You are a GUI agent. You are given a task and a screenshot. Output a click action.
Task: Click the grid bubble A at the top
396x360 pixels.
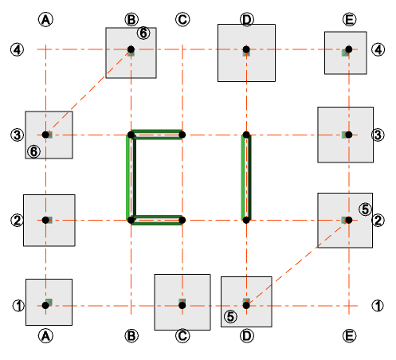(46, 18)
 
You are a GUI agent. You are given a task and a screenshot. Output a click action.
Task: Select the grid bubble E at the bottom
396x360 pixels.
(349, 336)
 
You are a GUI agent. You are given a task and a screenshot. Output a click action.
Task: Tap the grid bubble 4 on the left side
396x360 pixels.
(17, 49)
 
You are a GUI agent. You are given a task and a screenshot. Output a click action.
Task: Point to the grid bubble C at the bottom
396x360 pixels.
(182, 336)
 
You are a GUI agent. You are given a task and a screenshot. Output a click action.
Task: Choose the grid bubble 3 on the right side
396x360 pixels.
(377, 135)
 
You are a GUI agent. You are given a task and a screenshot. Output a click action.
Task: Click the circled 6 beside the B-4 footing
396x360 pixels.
(143, 33)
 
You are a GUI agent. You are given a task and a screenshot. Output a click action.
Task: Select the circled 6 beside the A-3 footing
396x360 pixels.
(33, 151)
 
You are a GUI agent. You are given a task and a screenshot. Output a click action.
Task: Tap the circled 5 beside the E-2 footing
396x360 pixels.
(365, 209)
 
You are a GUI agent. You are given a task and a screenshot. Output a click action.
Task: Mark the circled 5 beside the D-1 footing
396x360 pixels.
(230, 315)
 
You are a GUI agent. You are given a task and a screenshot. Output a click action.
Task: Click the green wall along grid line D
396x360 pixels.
(246, 177)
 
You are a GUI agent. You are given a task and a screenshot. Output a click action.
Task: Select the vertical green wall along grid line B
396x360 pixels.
(129, 177)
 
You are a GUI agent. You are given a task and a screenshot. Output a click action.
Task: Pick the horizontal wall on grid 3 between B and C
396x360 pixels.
(157, 132)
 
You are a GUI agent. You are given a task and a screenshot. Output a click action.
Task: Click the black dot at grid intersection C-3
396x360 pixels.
(182, 135)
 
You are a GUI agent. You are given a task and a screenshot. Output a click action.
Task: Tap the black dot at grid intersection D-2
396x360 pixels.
(247, 220)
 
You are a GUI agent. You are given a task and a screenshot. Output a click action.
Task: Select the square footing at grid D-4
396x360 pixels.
(246, 53)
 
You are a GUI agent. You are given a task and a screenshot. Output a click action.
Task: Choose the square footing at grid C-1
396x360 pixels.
(182, 302)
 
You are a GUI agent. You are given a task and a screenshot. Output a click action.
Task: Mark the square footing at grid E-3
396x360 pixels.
(345, 135)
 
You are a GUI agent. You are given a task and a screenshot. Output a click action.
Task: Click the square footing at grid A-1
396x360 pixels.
(49, 302)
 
